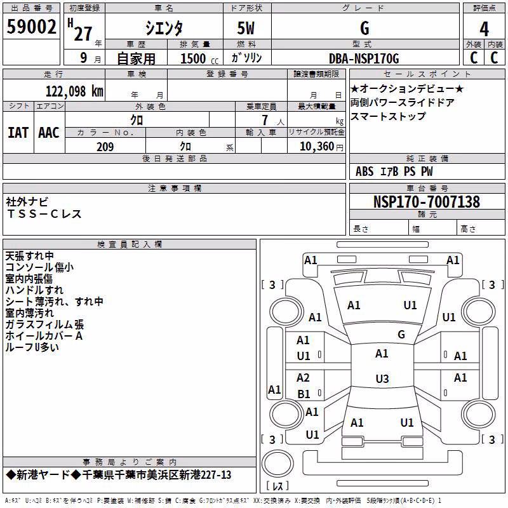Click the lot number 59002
[x=31, y=27]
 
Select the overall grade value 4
[x=484, y=29]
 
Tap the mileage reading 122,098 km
[x=74, y=91]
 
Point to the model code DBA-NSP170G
[x=364, y=58]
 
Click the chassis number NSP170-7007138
[x=427, y=202]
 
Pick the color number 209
[x=105, y=147]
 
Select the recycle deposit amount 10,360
[x=317, y=147]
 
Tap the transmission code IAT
[x=18, y=133]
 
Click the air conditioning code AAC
[x=49, y=133]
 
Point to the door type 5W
[x=246, y=28]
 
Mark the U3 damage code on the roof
[x=382, y=378]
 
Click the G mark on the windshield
[x=401, y=335]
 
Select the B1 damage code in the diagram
[x=304, y=394]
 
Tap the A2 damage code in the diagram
[x=303, y=378]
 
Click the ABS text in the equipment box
[x=364, y=171]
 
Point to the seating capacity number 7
[x=265, y=120]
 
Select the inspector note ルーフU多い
[x=32, y=347]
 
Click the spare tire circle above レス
[x=277, y=464]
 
